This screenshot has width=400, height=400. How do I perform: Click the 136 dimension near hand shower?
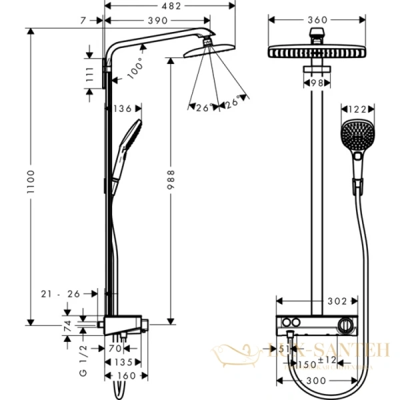(x=122, y=108)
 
